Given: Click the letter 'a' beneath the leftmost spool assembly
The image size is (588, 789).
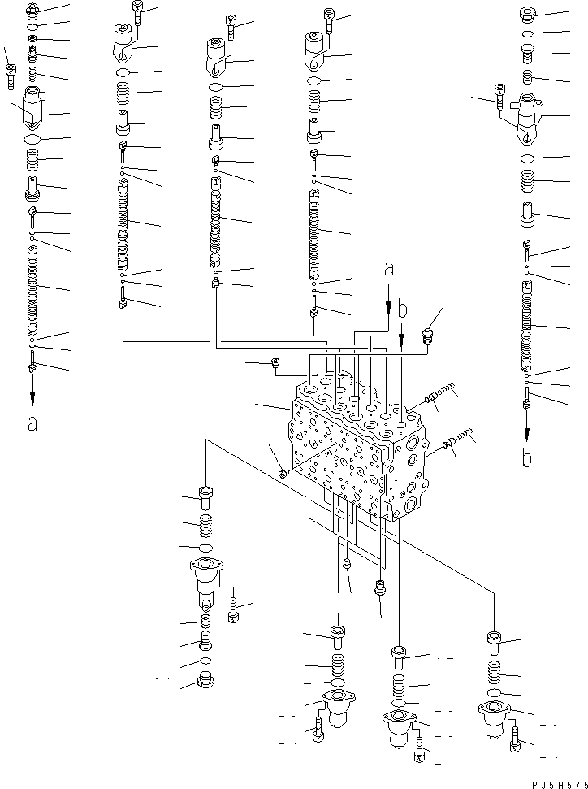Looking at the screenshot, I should [32, 423].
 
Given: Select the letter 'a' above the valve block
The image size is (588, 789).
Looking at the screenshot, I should [388, 267].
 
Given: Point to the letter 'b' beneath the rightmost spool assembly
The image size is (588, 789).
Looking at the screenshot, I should [526, 457].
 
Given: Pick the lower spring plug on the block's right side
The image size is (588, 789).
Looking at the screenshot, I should [456, 441].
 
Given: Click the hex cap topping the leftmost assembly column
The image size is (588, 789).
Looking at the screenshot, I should [32, 11].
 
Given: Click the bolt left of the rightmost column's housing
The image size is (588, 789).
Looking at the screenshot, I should [497, 104].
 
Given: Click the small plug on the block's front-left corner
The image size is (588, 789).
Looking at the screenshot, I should [282, 473].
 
